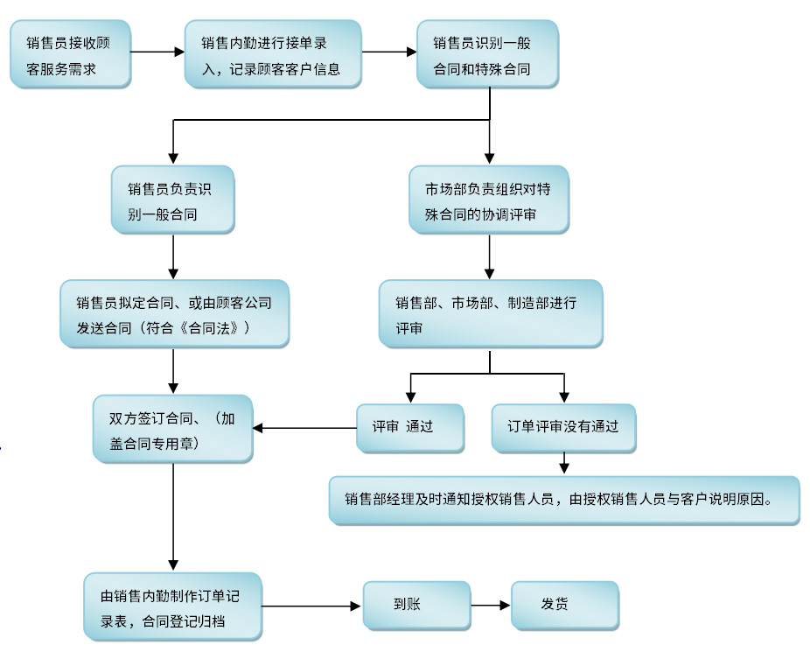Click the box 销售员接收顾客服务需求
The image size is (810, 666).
click(70, 54)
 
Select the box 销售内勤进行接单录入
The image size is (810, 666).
click(272, 54)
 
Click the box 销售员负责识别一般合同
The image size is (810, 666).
click(172, 200)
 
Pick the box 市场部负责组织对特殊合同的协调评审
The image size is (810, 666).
click(489, 200)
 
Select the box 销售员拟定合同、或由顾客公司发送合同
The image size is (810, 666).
click(174, 314)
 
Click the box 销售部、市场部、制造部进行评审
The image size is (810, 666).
click(489, 313)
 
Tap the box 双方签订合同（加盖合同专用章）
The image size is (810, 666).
click(172, 429)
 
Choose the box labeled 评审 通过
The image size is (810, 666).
click(409, 427)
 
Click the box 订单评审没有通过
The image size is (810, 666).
click(562, 427)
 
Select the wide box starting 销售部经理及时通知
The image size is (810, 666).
click(563, 500)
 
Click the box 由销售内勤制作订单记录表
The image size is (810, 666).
click(172, 607)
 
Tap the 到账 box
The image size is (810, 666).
click(415, 605)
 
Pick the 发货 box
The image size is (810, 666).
click(564, 605)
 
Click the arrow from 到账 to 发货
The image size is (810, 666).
click(491, 605)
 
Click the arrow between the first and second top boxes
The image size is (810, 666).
click(157, 53)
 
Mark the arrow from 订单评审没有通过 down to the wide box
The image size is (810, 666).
click(564, 463)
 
